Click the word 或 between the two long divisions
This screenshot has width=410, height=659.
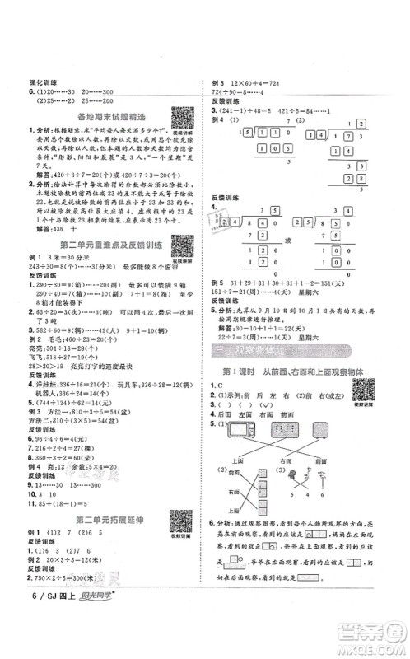click(311, 241)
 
